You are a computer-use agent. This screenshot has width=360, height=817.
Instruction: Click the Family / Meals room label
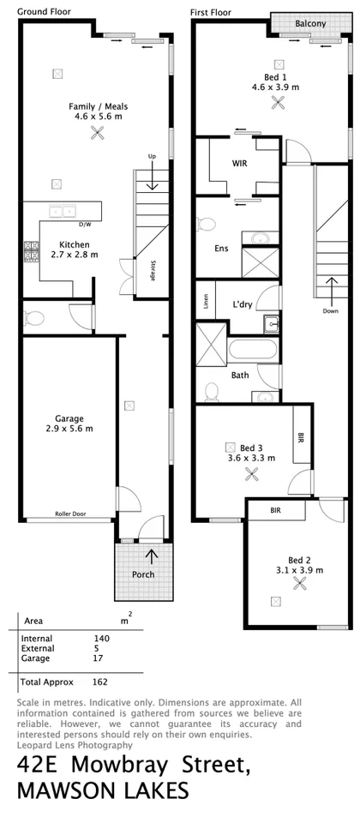click(x=95, y=106)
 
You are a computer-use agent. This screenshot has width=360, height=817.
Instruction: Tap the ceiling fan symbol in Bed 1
click(x=277, y=102)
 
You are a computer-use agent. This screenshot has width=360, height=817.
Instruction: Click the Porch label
click(x=143, y=574)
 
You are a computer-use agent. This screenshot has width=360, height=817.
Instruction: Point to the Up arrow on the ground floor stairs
click(x=153, y=178)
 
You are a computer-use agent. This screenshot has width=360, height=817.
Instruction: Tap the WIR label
click(x=239, y=163)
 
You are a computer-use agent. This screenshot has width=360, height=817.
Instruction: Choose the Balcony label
click(x=309, y=24)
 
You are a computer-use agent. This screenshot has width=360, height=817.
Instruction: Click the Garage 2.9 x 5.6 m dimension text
click(x=69, y=428)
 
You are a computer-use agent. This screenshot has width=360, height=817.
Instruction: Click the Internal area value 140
click(x=102, y=639)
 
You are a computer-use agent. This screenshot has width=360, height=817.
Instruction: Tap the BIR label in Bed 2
click(x=275, y=510)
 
